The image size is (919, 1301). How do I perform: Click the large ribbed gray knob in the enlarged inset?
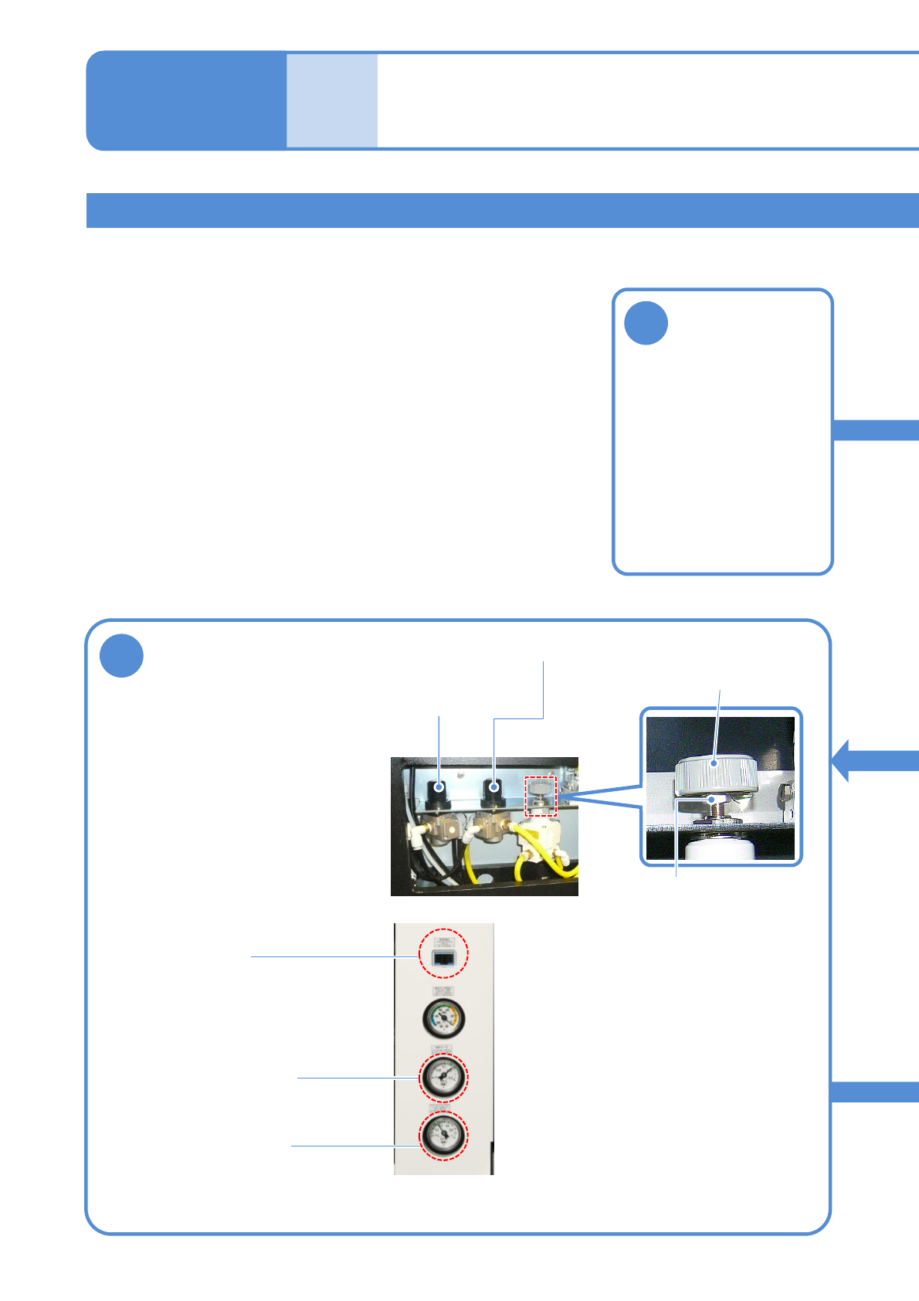(x=716, y=775)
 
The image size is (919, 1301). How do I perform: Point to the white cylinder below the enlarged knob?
(x=719, y=851)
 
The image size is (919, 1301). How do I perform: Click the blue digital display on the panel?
(x=443, y=959)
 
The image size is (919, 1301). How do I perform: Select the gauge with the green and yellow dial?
(x=443, y=1018)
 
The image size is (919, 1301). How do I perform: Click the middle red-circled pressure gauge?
(x=443, y=1076)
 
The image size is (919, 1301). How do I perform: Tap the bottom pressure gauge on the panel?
(x=443, y=1135)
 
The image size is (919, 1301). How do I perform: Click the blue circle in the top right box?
(x=646, y=322)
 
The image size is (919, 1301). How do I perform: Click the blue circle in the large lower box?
(x=121, y=655)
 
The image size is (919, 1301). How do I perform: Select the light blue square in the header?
(x=332, y=100)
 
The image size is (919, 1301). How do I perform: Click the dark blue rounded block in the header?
(x=186, y=100)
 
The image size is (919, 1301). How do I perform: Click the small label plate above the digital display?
(x=443, y=943)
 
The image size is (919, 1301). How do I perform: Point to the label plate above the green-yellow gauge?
(x=443, y=991)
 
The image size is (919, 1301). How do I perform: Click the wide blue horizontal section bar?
(x=502, y=210)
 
